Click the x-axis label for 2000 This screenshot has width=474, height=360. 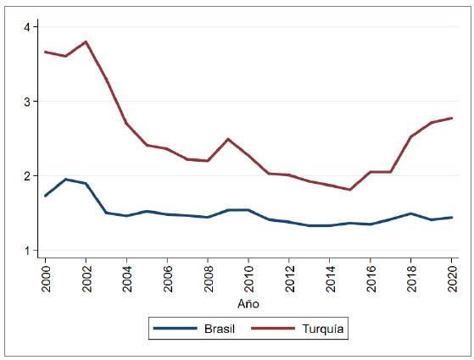[46, 276]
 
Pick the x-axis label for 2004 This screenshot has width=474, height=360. [127, 276]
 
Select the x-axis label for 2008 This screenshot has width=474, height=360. [209, 276]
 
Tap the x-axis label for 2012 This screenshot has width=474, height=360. [289, 276]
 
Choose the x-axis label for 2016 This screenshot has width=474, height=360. [371, 276]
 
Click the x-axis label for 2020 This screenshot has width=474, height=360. [452, 276]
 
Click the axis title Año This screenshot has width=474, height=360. [248, 303]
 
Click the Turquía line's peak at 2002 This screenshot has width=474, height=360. [86, 42]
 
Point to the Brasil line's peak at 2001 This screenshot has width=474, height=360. [66, 179]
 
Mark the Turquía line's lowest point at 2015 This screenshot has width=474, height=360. [350, 190]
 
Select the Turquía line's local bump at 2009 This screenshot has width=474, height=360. [228, 139]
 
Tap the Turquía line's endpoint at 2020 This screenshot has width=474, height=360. [452, 118]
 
